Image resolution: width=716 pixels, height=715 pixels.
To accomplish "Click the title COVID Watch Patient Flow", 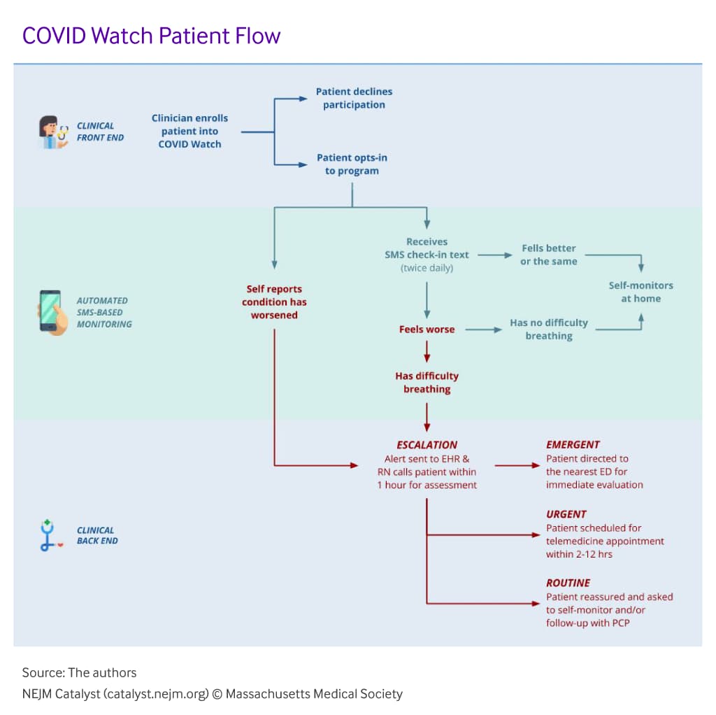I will click(x=151, y=35).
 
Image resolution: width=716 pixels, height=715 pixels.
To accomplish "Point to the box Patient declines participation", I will click(x=354, y=98).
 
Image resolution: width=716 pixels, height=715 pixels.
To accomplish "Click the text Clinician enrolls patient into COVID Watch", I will click(x=189, y=131).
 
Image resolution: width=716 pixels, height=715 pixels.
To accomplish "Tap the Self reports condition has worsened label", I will click(x=274, y=302).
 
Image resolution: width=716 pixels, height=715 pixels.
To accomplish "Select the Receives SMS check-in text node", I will click(x=427, y=255).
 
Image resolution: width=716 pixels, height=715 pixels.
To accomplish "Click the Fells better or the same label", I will click(x=549, y=255).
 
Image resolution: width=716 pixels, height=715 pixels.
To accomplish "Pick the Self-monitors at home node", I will click(x=641, y=292).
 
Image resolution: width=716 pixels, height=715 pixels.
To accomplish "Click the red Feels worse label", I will click(x=427, y=329).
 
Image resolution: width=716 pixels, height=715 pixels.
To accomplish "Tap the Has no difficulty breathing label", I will click(x=549, y=329).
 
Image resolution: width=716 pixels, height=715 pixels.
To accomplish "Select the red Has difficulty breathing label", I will click(x=427, y=382).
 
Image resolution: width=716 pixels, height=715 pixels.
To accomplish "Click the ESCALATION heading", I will click(x=427, y=445).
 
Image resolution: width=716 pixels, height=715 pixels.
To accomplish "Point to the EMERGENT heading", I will click(x=573, y=444).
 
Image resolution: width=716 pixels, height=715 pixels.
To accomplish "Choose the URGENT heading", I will click(x=566, y=514).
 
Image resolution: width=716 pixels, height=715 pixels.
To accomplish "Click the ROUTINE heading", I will click(x=568, y=583).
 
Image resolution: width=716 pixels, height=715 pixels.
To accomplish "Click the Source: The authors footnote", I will click(x=79, y=673).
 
